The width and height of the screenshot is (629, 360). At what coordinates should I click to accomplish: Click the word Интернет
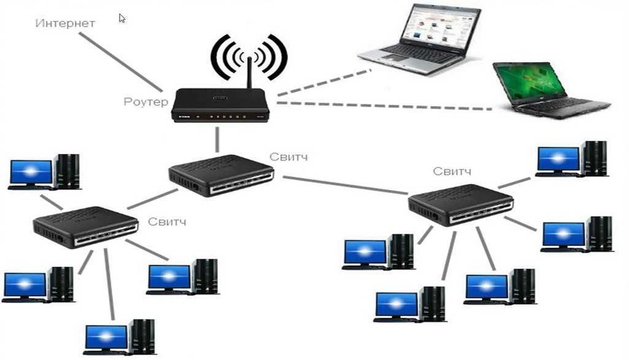[x=65, y=23]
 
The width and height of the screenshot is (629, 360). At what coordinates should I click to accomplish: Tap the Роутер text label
[x=145, y=102]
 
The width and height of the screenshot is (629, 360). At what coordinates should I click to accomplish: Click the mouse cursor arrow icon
[x=122, y=18]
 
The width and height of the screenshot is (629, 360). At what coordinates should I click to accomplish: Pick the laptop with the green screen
[x=546, y=88]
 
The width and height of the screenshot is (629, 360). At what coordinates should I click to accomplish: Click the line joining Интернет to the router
[x=120, y=62]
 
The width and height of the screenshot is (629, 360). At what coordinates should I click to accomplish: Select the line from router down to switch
[x=217, y=140]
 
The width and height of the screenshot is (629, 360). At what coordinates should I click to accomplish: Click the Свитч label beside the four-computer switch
[x=167, y=221]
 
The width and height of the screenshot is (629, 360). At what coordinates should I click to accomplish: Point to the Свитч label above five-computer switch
[x=452, y=170]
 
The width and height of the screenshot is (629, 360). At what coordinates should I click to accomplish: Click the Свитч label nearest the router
[x=288, y=157]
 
